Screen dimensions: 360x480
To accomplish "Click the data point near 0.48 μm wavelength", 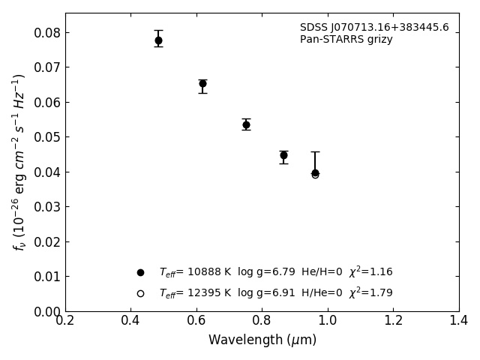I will pyautogui.click(x=158, y=40).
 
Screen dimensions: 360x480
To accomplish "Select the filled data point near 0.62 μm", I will pyautogui.click(x=202, y=84).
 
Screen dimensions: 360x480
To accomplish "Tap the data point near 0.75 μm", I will pyautogui.click(x=246, y=124).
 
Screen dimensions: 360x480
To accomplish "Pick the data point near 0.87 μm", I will pyautogui.click(x=283, y=155).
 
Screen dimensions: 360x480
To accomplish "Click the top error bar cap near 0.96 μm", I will pyautogui.click(x=315, y=151).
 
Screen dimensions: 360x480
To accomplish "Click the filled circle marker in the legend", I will pyautogui.click(x=140, y=272).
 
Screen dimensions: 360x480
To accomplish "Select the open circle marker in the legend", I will pyautogui.click(x=140, y=293).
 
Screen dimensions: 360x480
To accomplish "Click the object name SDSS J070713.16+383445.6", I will pyautogui.click(x=374, y=28).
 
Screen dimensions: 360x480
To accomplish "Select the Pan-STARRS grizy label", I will pyautogui.click(x=346, y=40).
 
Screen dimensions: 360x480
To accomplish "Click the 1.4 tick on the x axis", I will pyautogui.click(x=458, y=320).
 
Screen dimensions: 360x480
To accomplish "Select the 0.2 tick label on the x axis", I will pyautogui.click(x=65, y=320).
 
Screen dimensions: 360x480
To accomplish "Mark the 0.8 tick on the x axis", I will pyautogui.click(x=262, y=320).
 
